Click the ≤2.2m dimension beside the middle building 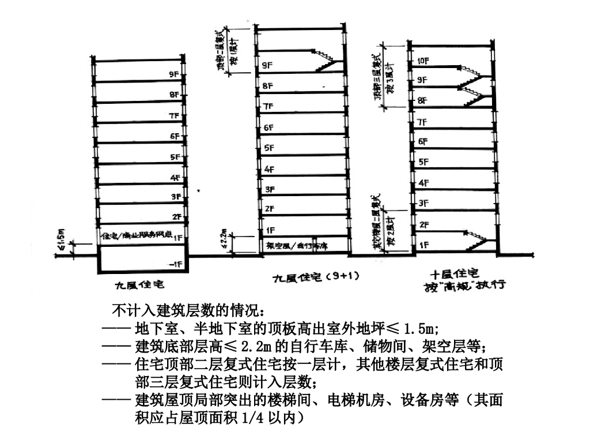pyautogui.click(x=230, y=236)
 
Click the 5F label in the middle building pyautogui.click(x=268, y=148)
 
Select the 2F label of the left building pyautogui.click(x=176, y=217)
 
